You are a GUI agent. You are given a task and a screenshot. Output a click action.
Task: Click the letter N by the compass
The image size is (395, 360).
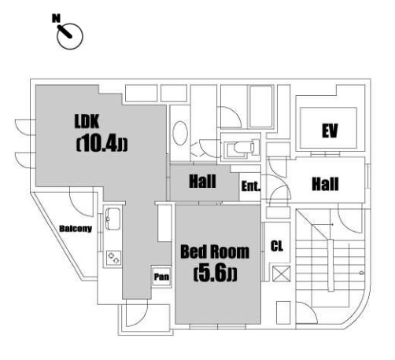pyautogui.click(x=56, y=18)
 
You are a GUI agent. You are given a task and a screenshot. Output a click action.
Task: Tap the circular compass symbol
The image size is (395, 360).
pyautogui.click(x=70, y=36)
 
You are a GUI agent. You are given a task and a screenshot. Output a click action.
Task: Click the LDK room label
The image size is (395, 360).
pyautogui.click(x=87, y=121)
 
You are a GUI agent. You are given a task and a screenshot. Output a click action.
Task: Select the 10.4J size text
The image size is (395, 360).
pyautogui.click(x=102, y=144)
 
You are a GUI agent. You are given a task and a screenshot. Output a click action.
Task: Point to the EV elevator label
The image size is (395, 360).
pyautogui.click(x=330, y=130)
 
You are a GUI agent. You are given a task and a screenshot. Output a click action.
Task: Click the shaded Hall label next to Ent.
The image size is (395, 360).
pyautogui.click(x=202, y=182)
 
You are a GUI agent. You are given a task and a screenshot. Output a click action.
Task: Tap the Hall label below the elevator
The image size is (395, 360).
pyautogui.click(x=325, y=184)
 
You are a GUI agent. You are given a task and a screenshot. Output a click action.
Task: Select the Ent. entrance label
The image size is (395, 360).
pyautogui.click(x=251, y=186)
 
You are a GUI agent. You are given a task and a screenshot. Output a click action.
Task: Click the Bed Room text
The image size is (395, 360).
pyautogui.click(x=215, y=252)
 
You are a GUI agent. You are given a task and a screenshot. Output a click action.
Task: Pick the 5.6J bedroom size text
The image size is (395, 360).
pyautogui.click(x=216, y=274)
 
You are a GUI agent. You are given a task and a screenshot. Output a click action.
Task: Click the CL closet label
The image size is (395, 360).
pyautogui.click(x=277, y=246)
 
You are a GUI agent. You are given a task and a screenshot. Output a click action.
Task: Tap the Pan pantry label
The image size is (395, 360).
pyautogui.click(x=161, y=277)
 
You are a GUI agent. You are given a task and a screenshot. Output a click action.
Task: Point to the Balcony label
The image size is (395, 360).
pyautogui.click(x=76, y=229)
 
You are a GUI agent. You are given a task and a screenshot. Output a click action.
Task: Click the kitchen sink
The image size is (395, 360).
pyautogui.click(x=113, y=219)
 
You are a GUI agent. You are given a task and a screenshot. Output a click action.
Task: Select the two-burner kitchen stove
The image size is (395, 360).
pyautogui.click(x=114, y=258)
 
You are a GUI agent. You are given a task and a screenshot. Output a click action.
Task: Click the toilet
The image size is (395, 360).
pyautogui.click(x=242, y=147)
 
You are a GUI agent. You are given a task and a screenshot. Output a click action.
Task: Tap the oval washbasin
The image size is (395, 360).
pyautogui.click(x=180, y=133)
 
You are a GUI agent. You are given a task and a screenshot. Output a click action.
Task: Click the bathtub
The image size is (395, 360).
pyautogui.click(x=260, y=106)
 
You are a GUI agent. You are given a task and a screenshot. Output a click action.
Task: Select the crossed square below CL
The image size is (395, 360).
pyautogui.click(x=281, y=274)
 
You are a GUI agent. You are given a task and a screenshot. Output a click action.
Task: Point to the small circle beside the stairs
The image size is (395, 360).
pyautogui.click(x=362, y=273)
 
